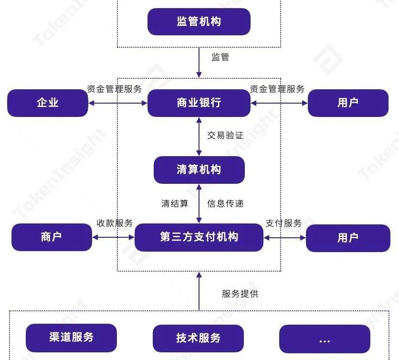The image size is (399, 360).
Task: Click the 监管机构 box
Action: coord(199,22)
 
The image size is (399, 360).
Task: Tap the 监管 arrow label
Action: coord(220,57)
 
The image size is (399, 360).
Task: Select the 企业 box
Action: coord(48,103)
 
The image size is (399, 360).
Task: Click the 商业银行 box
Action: coord(199,103)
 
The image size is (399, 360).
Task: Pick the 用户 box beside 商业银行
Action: coord(347,103)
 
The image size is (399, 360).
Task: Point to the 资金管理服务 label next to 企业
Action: coord(114,89)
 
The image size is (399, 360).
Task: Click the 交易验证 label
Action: coord(225,135)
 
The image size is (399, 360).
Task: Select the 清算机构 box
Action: coord(199,169)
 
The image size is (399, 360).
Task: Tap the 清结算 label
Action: coord(175,203)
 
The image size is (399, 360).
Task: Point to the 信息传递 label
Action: coord(225,203)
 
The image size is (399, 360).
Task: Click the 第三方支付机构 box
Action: coord(199,237)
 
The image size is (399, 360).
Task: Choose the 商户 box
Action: coord(52,237)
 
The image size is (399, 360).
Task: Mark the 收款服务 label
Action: coord(115,223)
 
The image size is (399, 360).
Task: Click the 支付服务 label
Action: coord(283,223)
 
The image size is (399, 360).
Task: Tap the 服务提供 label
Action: coord(240,294)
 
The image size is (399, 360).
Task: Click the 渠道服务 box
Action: coord(71,338)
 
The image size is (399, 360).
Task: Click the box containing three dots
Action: coord(325,339)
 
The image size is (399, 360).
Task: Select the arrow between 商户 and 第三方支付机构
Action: coord(114,237)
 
